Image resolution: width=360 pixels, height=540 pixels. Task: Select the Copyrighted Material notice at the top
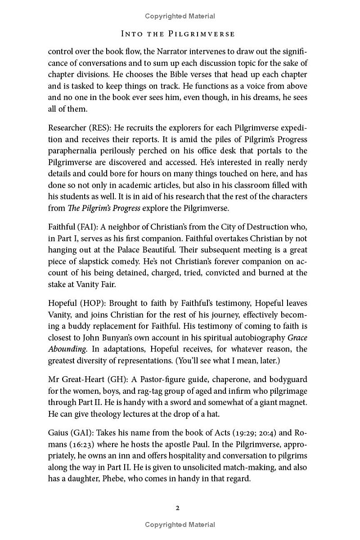[x=180, y=16]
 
